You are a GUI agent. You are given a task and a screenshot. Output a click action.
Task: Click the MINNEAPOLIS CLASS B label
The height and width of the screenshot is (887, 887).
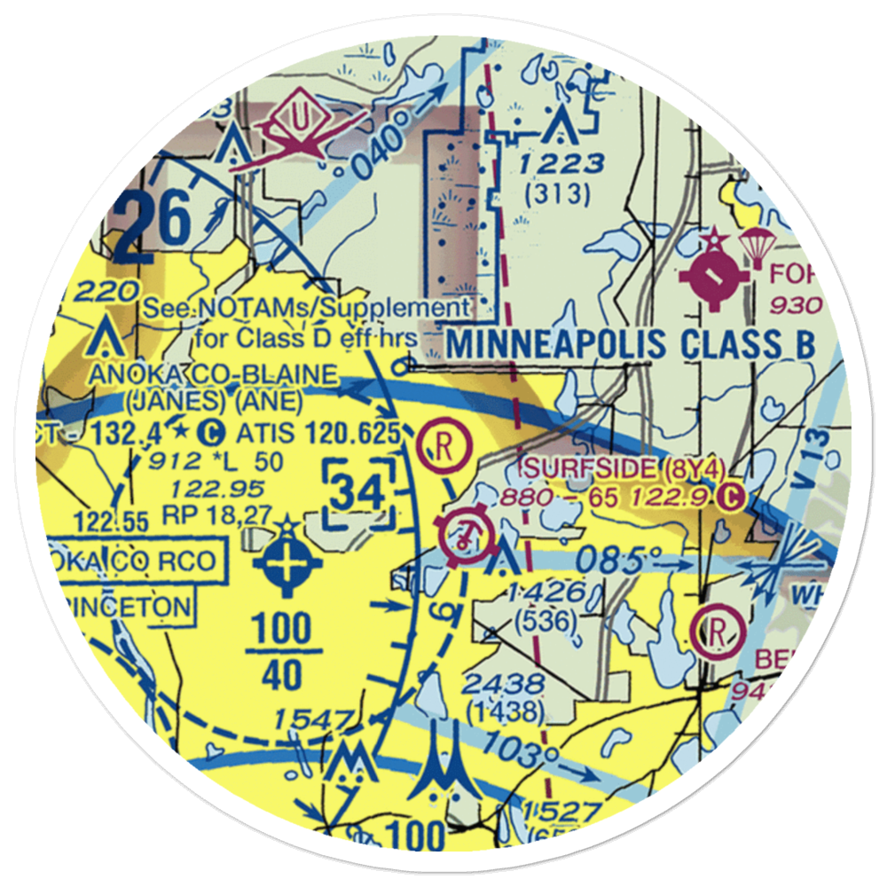[629, 344]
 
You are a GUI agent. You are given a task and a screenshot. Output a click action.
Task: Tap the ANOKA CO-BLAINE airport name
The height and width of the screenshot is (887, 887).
[212, 373]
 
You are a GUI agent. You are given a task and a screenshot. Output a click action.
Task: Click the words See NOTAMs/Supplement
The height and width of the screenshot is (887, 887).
[306, 309]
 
